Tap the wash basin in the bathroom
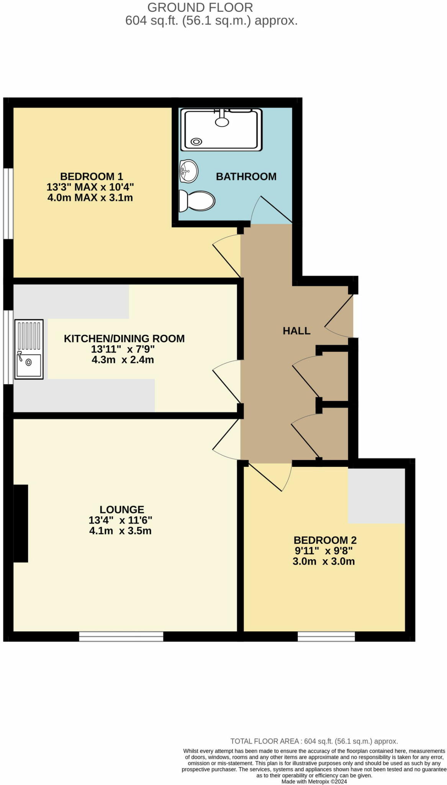(x=188, y=171)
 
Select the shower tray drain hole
(x=196, y=141)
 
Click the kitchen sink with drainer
(x=29, y=349)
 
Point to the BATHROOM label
(x=246, y=177)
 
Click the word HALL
(x=296, y=331)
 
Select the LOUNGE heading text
(x=122, y=509)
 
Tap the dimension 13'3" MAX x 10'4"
(x=90, y=187)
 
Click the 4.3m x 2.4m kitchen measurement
(x=123, y=360)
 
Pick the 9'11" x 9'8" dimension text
(x=324, y=551)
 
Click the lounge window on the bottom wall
(x=121, y=637)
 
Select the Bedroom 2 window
(x=326, y=637)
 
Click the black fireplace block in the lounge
(x=21, y=523)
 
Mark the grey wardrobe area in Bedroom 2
(x=376, y=496)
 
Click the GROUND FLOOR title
(x=200, y=7)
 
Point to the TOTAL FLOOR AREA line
(x=314, y=741)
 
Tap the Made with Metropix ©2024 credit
(x=314, y=782)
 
